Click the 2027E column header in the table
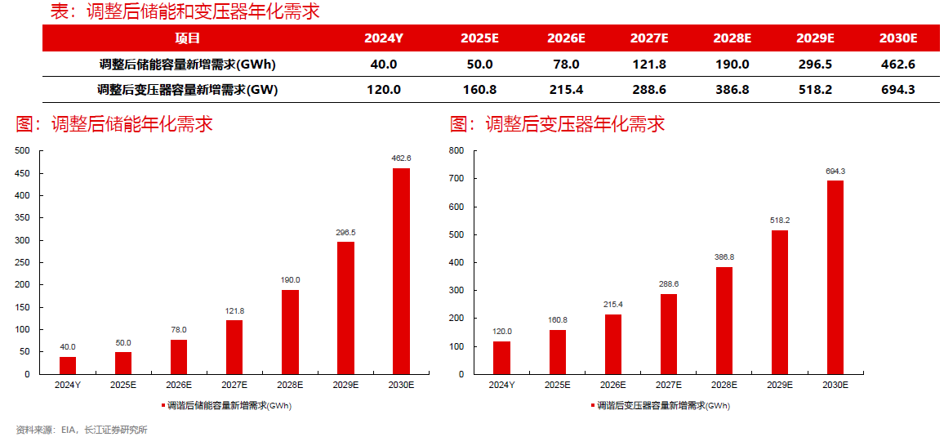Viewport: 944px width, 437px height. click(649, 38)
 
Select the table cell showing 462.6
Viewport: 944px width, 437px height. click(898, 65)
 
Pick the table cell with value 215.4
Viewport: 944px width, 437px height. click(566, 90)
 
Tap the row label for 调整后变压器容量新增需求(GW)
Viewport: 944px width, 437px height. click(187, 90)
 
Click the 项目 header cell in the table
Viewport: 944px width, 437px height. click(187, 38)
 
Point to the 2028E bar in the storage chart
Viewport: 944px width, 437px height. click(290, 332)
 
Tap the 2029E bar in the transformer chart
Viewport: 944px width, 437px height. click(781, 302)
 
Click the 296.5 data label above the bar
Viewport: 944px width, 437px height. click(345, 233)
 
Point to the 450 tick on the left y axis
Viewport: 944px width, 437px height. click(22, 173)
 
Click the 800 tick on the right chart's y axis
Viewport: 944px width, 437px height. click(456, 151)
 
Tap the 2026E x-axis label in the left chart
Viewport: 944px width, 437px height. click(179, 385)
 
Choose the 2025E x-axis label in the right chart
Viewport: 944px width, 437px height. click(557, 385)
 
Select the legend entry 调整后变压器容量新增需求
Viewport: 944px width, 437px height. click(662, 405)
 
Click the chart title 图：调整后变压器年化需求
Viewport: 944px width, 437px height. click(557, 124)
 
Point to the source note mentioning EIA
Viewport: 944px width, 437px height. click(82, 430)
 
